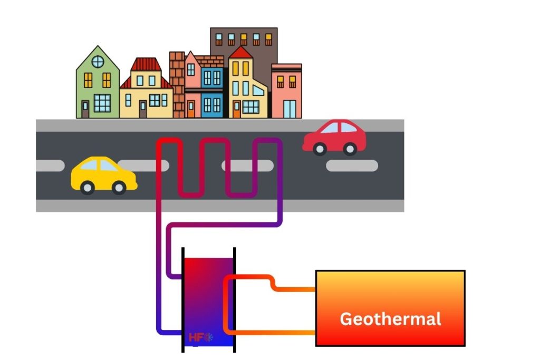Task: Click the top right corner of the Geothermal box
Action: [x=465, y=271]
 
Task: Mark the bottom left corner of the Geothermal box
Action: [x=316, y=346]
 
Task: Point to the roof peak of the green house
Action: [x=98, y=46]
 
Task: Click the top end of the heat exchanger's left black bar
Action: [x=183, y=248]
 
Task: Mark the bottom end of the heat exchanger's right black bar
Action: [x=235, y=352]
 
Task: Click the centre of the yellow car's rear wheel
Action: [x=87, y=188]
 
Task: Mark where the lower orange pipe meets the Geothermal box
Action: [x=315, y=333]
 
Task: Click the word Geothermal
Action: [x=391, y=319]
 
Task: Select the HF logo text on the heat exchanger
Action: [x=196, y=337]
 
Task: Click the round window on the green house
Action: [x=98, y=62]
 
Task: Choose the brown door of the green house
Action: [x=85, y=109]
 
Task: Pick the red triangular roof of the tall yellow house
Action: [x=240, y=52]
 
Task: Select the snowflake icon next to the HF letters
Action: [x=209, y=337]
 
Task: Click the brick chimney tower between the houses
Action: [x=177, y=85]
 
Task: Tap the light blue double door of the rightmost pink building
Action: [x=290, y=109]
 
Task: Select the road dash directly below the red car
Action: [x=352, y=166]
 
